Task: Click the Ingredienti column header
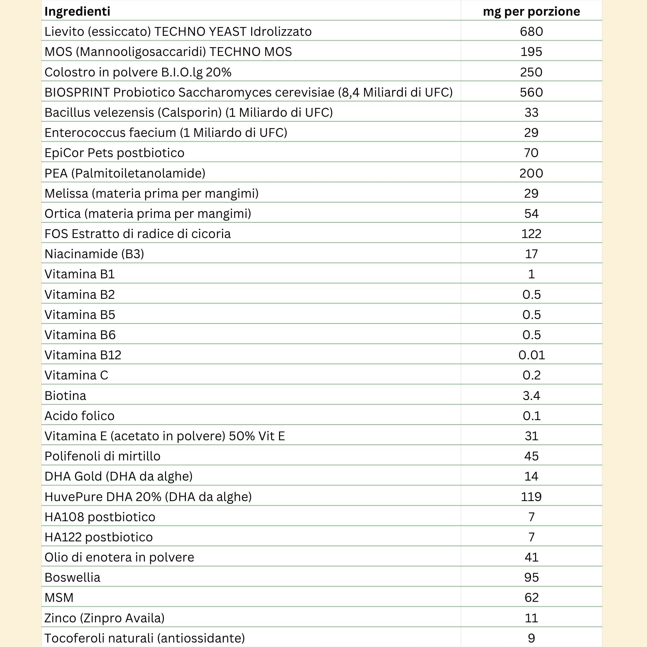click(x=77, y=11)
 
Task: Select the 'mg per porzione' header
click(x=531, y=11)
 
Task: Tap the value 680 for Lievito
click(x=531, y=32)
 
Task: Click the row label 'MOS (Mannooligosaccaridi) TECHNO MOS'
click(x=168, y=52)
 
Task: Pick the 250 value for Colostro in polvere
click(x=531, y=72)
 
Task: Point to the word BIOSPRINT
click(x=77, y=92)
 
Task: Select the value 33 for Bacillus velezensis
click(x=531, y=113)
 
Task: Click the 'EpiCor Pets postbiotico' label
click(x=114, y=153)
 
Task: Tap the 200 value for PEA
click(x=531, y=173)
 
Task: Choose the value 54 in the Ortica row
click(x=531, y=213)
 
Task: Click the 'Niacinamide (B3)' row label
click(x=94, y=254)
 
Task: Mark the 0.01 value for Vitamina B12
click(x=531, y=355)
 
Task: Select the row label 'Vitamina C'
click(x=76, y=375)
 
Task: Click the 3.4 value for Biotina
click(x=531, y=395)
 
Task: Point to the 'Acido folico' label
click(x=79, y=416)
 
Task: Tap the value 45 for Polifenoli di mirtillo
click(x=531, y=456)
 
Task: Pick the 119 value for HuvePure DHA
click(x=531, y=497)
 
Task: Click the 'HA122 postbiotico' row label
click(x=98, y=537)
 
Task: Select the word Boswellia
click(x=72, y=578)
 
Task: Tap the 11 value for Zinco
click(x=531, y=618)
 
